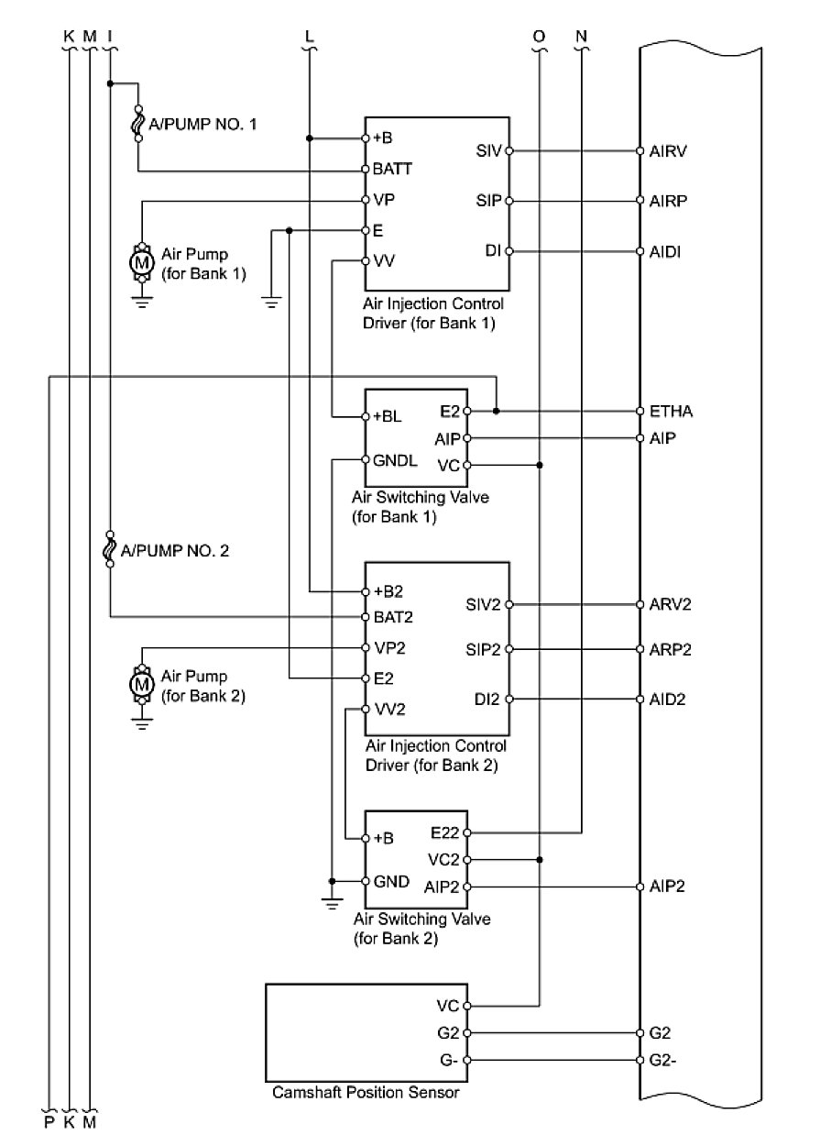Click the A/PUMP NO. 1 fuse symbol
tap(138, 123)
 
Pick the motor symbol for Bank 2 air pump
tap(141, 685)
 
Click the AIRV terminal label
tap(669, 150)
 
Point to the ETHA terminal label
tap(671, 412)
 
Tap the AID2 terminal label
tap(669, 700)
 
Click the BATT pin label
tap(392, 170)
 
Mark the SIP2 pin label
tap(484, 650)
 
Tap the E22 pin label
tap(444, 833)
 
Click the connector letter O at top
tap(539, 37)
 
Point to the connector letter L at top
tap(309, 37)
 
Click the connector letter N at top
tap(582, 37)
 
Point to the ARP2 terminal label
tap(670, 650)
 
